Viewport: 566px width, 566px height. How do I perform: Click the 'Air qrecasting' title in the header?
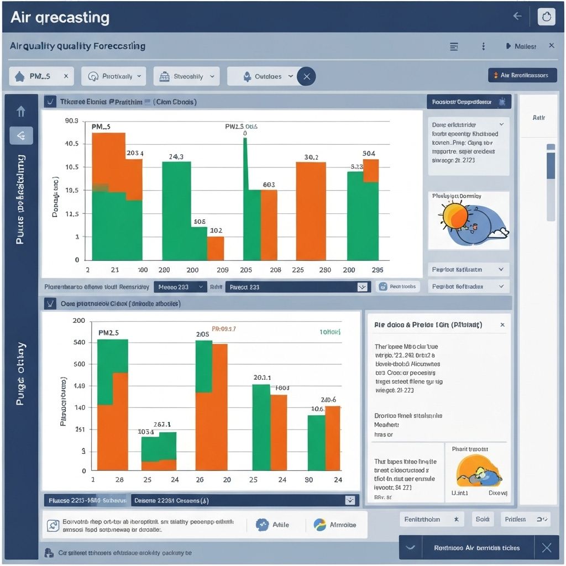click(60, 17)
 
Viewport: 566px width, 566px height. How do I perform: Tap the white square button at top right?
click(546, 17)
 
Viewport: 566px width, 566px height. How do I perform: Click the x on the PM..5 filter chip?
click(66, 76)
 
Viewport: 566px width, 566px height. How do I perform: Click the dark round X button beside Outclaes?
click(307, 76)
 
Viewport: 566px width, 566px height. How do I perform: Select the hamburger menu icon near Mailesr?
click(454, 46)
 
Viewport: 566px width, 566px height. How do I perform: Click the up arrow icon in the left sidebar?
click(21, 112)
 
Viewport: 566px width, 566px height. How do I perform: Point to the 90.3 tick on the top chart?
click(72, 120)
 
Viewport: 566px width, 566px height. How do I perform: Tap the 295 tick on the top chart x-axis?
click(378, 270)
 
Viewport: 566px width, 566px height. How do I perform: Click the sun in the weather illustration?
click(454, 217)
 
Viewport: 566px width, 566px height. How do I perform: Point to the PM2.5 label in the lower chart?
click(108, 333)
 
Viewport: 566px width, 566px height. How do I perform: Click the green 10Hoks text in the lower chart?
click(330, 332)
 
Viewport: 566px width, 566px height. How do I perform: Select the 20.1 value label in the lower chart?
click(262, 378)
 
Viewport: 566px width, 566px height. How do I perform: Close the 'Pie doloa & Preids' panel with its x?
click(502, 325)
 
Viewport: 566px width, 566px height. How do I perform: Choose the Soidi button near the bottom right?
click(483, 519)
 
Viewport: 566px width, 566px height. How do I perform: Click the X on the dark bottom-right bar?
click(546, 547)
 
